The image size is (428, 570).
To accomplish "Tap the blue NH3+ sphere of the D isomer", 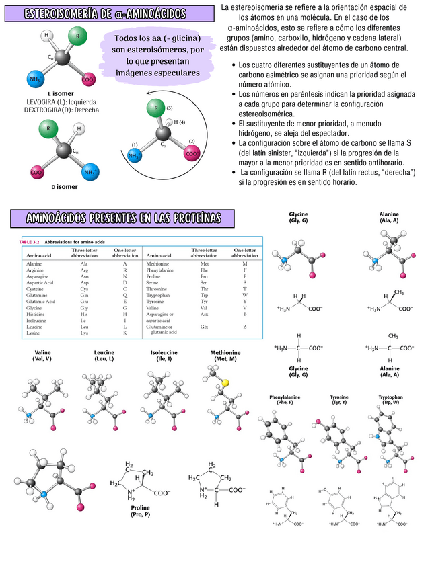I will [x=88, y=172].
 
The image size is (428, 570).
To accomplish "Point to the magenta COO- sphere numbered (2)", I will [x=192, y=153].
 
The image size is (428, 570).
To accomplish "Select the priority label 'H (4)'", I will [x=178, y=122].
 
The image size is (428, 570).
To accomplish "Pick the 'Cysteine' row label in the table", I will [x=36, y=288].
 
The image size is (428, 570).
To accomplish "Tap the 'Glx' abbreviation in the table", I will [x=204, y=326].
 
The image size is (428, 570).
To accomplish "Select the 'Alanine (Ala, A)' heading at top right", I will [x=389, y=216].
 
